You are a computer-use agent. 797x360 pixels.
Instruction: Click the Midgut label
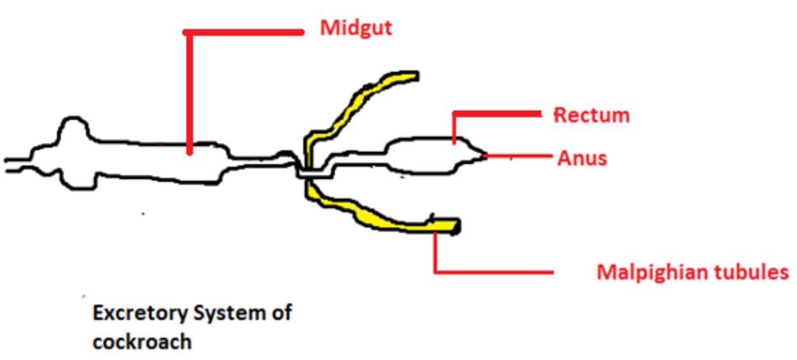(x=356, y=28)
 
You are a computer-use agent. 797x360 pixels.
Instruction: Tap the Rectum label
(x=592, y=115)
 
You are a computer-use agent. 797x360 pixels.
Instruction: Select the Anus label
(x=582, y=158)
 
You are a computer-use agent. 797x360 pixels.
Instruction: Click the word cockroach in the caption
(x=141, y=342)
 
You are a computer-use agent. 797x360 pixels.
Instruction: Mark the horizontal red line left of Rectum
(x=497, y=114)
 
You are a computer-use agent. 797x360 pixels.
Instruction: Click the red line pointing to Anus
(x=519, y=155)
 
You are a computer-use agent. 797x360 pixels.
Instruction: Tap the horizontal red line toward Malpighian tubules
(x=494, y=273)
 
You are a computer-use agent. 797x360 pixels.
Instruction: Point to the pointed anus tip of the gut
(x=484, y=154)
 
